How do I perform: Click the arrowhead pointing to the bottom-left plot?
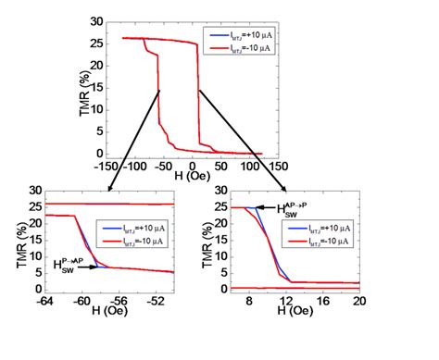110,190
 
